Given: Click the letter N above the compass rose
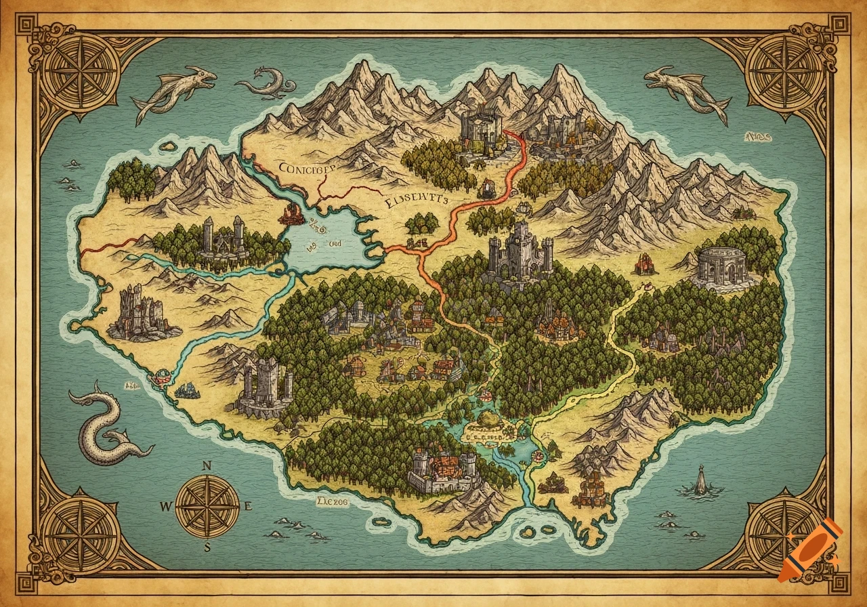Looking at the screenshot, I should click(x=208, y=465).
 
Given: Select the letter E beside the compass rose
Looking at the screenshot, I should click(x=248, y=505).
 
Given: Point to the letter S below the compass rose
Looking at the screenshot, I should click(x=208, y=547).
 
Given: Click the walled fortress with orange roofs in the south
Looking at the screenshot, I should click(x=444, y=470).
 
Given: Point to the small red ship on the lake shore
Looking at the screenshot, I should click(x=292, y=215).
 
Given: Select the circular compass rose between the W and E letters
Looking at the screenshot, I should click(x=207, y=505).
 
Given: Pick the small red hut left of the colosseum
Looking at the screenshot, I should click(x=643, y=262).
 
